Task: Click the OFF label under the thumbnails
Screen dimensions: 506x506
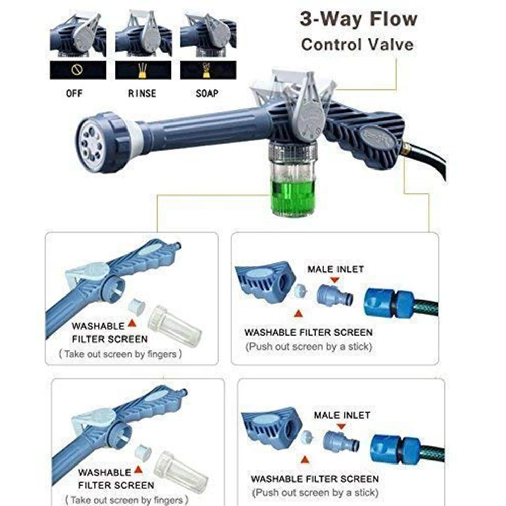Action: [74, 93]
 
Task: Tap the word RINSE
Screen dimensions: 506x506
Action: [142, 93]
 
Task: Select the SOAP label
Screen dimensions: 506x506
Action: [207, 93]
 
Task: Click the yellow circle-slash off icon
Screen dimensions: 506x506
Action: [77, 70]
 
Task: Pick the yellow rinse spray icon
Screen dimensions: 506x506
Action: [143, 70]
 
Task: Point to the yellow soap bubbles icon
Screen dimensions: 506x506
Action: [206, 70]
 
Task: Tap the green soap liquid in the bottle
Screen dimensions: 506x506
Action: [291, 197]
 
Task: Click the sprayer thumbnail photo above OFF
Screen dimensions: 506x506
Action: [77, 35]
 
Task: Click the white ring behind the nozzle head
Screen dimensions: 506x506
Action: [136, 137]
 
